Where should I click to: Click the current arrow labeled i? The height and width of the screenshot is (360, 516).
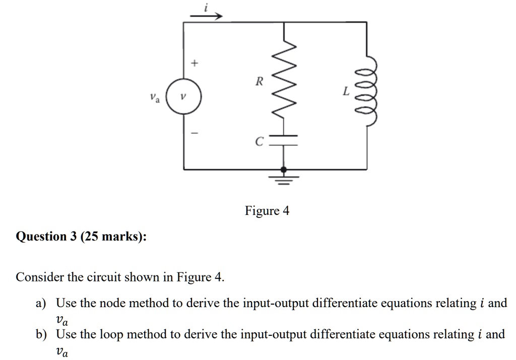pyautogui.click(x=206, y=16)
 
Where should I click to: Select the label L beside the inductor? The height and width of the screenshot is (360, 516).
pyautogui.click(x=345, y=92)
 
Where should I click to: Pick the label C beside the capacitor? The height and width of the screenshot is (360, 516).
pyautogui.click(x=259, y=142)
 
